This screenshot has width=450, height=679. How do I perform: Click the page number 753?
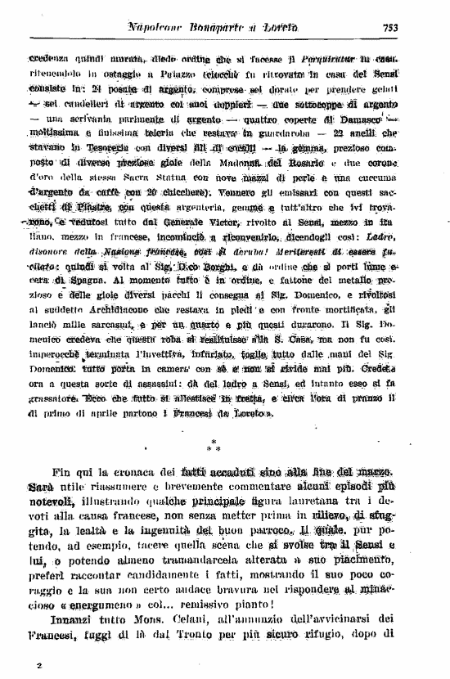coord(389,27)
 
